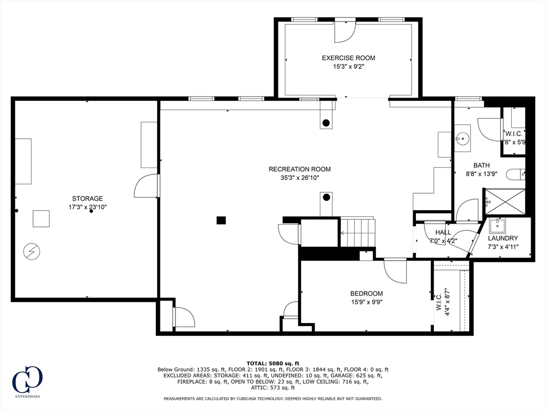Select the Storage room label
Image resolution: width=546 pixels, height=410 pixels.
[x=87, y=198]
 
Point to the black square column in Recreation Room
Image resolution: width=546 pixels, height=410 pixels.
[x=221, y=220]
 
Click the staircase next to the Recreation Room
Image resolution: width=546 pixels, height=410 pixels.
[x=358, y=233]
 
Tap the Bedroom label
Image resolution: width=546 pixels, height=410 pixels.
[x=366, y=293]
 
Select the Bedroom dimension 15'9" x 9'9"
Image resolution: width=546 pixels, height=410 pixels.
[x=366, y=302]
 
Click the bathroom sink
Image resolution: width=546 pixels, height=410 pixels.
[x=462, y=138]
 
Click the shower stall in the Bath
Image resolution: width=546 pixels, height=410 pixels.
[x=504, y=201]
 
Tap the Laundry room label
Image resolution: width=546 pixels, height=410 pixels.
[x=502, y=238]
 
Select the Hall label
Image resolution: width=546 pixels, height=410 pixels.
[x=443, y=232]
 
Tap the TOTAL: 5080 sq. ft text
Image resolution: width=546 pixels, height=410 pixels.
[x=273, y=363]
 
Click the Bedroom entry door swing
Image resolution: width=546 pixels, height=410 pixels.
[x=395, y=271]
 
